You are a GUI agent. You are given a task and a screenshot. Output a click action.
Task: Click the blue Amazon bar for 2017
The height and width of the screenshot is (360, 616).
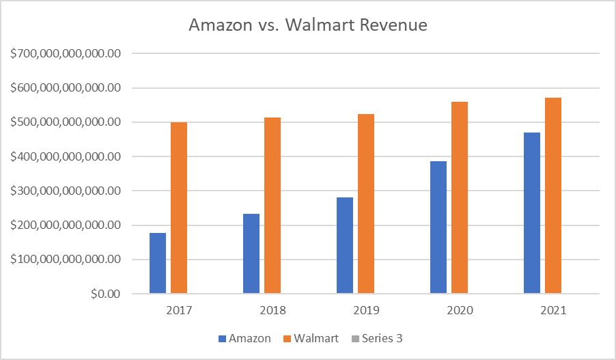click(x=158, y=264)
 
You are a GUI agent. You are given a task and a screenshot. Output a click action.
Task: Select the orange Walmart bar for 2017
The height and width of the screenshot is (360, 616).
click(x=179, y=208)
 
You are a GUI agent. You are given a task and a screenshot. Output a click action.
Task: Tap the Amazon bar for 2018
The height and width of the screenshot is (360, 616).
click(x=251, y=254)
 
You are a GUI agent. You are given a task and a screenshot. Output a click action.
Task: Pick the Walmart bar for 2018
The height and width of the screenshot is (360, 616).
click(x=272, y=206)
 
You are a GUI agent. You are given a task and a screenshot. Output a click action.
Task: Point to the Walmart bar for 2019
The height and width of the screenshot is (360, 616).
click(x=366, y=204)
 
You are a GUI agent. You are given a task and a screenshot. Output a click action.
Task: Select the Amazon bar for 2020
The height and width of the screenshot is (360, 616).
click(x=438, y=227)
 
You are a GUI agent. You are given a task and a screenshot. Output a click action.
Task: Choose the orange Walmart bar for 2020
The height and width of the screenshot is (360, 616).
click(x=459, y=198)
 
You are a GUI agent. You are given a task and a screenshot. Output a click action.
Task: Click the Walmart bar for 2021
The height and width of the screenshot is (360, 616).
click(x=552, y=196)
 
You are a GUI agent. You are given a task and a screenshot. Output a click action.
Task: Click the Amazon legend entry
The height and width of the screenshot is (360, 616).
click(x=244, y=338)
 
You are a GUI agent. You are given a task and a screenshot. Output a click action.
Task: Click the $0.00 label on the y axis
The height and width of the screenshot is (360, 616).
click(x=107, y=294)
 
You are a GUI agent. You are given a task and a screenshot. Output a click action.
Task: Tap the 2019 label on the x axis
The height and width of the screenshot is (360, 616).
click(x=365, y=310)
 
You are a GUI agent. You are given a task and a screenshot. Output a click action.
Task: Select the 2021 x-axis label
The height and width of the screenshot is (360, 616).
click(x=552, y=310)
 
